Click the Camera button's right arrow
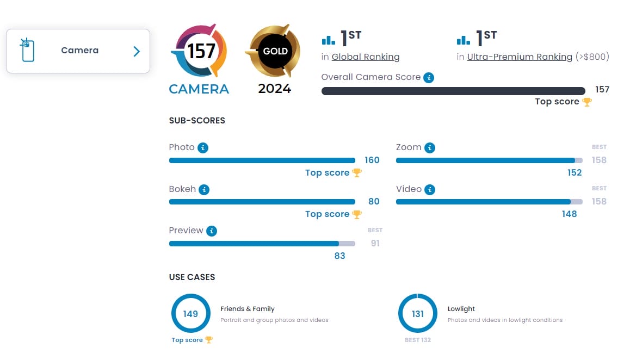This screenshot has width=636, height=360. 137,51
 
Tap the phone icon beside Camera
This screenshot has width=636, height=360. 26,50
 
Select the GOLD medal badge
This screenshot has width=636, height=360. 274,52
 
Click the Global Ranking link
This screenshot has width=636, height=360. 366,57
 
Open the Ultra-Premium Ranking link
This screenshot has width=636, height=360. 520,57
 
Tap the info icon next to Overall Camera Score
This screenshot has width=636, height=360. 429,78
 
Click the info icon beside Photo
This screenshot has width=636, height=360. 203,148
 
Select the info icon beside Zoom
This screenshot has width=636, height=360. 430,148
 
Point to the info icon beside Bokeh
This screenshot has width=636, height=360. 204,190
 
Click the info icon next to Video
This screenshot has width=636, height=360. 430,190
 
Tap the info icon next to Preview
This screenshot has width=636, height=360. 212,231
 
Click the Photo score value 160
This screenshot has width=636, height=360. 372,160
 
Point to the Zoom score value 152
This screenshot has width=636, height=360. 575,173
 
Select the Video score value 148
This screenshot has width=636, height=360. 570,214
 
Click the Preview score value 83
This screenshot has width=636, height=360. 340,256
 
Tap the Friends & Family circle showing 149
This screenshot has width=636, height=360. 190,314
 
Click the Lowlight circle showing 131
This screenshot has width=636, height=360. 418,314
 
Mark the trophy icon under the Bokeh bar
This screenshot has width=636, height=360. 357,214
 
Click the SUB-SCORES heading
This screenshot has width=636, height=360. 197,121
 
